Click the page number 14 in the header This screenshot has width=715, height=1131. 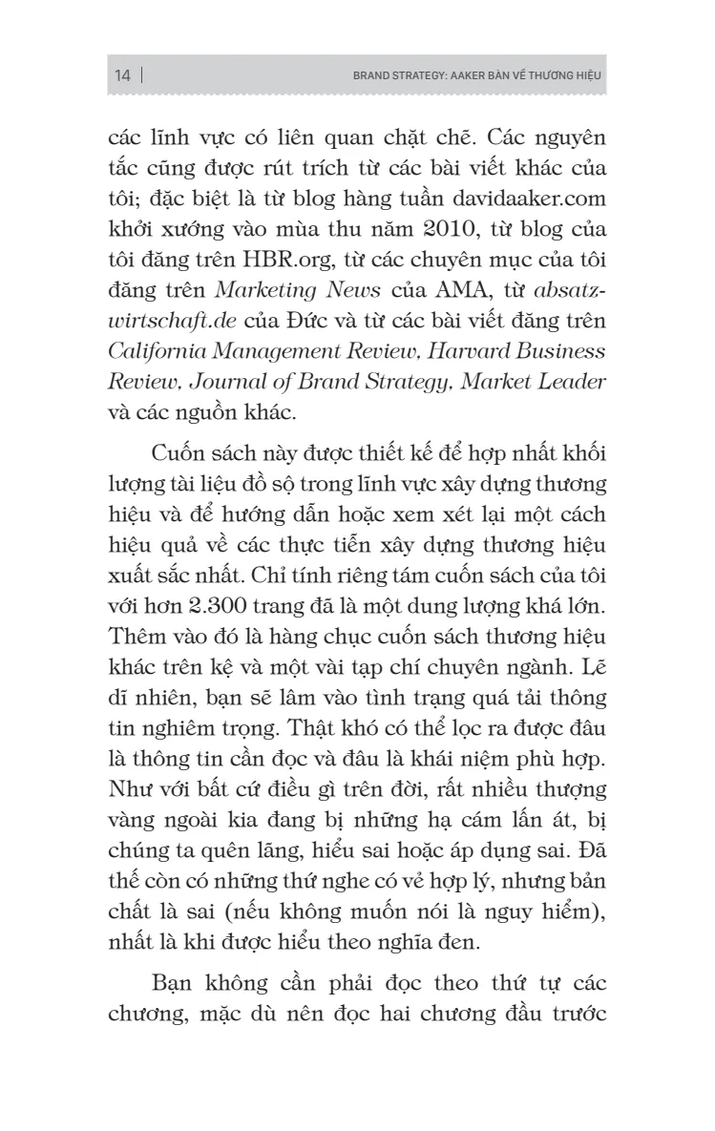122,75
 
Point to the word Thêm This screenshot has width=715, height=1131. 136,637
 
